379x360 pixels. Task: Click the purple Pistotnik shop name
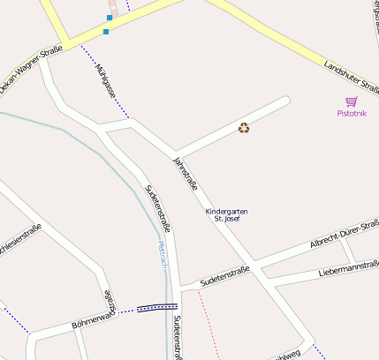pyautogui.click(x=351, y=114)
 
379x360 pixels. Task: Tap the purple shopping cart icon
pyautogui.click(x=351, y=102)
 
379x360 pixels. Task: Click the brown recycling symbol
pyautogui.click(x=244, y=128)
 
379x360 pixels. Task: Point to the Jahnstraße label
pyautogui.click(x=185, y=174)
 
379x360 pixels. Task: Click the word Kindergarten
pyautogui.click(x=226, y=212)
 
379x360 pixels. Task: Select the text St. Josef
pyautogui.click(x=227, y=219)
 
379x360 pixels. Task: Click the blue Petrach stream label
pyautogui.click(x=161, y=254)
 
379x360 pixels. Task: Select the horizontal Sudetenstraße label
pyautogui.click(x=225, y=275)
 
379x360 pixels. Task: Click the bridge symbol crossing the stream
pyautogui.click(x=157, y=308)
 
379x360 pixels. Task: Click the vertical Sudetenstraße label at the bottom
pyautogui.click(x=178, y=337)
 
